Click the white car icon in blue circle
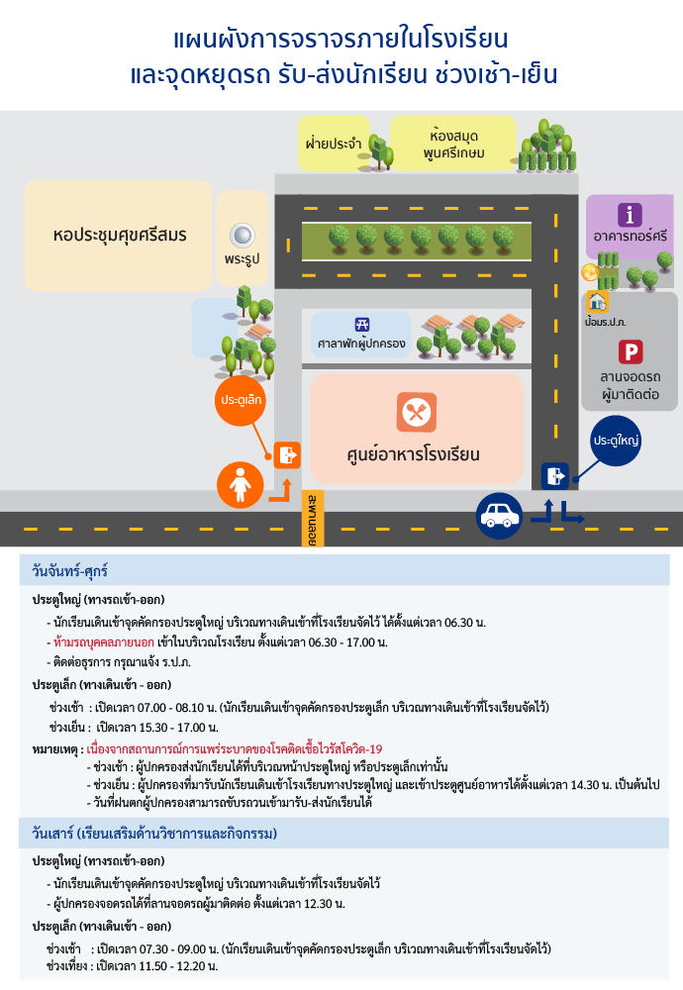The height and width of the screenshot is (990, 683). click(499, 516)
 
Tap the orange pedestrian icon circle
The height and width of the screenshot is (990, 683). click(240, 485)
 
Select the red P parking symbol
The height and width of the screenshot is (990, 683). click(631, 351)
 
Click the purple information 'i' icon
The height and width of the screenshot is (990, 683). click(630, 215)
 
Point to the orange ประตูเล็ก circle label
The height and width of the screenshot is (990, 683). click(241, 400)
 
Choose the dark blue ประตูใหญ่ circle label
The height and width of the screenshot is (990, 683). click(616, 441)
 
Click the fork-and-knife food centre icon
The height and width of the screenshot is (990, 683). click(417, 412)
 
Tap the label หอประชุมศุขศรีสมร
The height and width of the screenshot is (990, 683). click(120, 236)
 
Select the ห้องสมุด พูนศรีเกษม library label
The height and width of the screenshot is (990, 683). click(454, 144)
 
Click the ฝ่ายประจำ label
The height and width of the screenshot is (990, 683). click(334, 144)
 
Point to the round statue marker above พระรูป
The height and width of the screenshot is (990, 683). click(242, 236)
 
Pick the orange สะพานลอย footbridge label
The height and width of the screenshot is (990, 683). click(313, 519)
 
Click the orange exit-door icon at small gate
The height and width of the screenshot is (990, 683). click(287, 454)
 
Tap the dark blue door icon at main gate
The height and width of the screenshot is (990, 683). click(555, 475)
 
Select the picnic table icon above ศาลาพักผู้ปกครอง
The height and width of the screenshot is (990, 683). click(362, 325)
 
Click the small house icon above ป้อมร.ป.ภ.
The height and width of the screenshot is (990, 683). click(597, 302)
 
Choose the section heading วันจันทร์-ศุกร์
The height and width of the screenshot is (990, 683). click(70, 571)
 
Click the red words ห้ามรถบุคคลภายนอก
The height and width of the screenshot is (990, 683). click(104, 643)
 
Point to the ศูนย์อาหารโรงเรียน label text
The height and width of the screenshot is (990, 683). click(414, 454)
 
